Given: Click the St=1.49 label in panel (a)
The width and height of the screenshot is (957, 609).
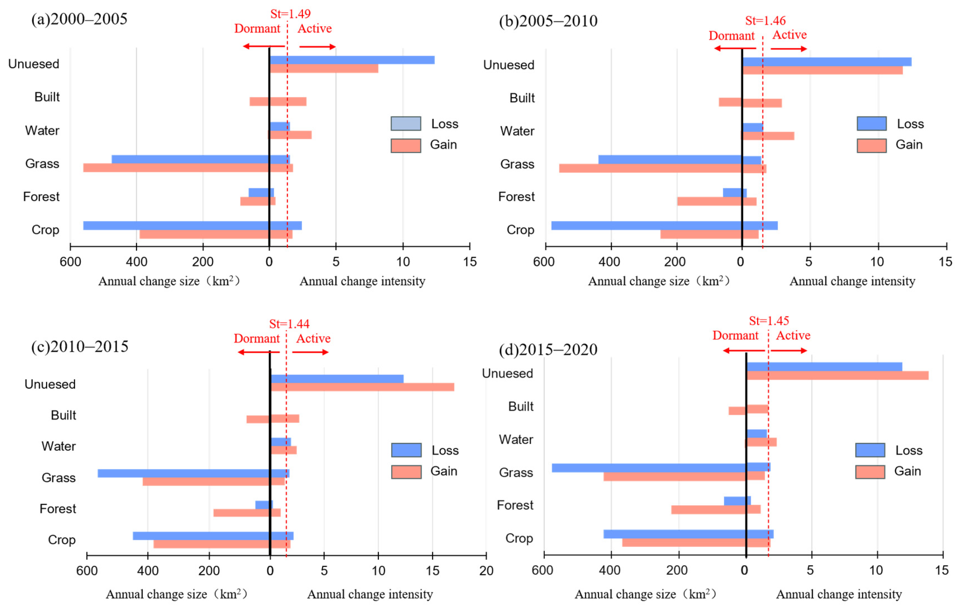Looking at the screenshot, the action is pyautogui.click(x=291, y=14).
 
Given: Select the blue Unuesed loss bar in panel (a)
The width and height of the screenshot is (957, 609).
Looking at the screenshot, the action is pyautogui.click(x=352, y=60).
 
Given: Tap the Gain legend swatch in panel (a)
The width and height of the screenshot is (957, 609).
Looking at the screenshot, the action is pyautogui.click(x=406, y=145).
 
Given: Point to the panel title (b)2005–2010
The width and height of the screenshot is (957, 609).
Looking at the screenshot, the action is pyautogui.click(x=548, y=21).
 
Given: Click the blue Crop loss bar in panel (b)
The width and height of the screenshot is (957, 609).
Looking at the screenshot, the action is pyautogui.click(x=664, y=225).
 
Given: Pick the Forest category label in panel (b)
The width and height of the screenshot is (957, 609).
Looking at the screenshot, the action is pyautogui.click(x=516, y=197).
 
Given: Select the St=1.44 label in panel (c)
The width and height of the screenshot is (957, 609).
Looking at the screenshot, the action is pyautogui.click(x=289, y=324).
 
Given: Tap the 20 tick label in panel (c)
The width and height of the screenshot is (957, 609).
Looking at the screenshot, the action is pyautogui.click(x=486, y=571).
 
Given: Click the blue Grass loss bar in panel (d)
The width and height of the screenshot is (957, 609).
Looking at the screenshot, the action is pyautogui.click(x=661, y=467).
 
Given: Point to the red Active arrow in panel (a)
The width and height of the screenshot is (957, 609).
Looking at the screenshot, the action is pyautogui.click(x=318, y=47).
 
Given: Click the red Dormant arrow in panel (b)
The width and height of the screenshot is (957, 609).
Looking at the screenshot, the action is pyautogui.click(x=735, y=48).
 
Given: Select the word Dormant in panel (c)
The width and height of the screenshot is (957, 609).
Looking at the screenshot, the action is pyautogui.click(x=257, y=339).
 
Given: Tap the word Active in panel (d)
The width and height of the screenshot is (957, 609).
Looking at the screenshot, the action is pyautogui.click(x=793, y=335).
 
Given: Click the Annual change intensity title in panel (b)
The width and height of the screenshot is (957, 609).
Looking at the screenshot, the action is pyautogui.click(x=852, y=281).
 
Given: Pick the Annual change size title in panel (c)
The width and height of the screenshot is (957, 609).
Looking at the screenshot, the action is pyautogui.click(x=177, y=594).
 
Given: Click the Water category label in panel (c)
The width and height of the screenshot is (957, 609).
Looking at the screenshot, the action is pyautogui.click(x=58, y=446).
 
